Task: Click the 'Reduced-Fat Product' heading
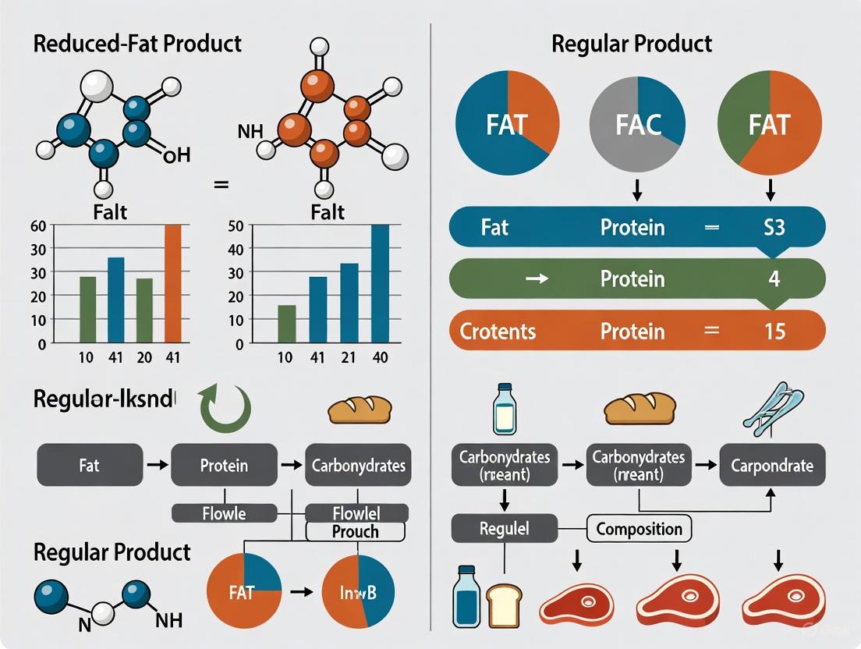click(x=137, y=44)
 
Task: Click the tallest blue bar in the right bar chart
click(x=380, y=284)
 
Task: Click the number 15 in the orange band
click(x=774, y=331)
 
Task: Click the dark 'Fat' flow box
click(x=90, y=466)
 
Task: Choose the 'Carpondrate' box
click(x=771, y=466)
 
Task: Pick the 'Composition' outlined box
click(x=639, y=529)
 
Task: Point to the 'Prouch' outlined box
click(x=355, y=531)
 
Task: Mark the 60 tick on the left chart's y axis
click(x=37, y=225)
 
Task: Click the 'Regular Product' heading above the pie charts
click(x=631, y=44)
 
